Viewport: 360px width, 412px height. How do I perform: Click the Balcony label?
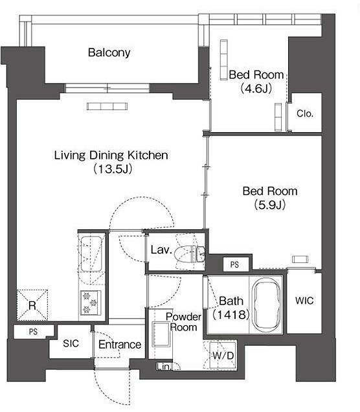[109, 52]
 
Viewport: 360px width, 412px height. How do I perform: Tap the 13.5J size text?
[113, 168]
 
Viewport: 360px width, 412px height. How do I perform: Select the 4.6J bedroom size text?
[256, 89]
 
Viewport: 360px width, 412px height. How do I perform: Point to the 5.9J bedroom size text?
[270, 205]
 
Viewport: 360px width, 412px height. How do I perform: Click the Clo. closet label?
[305, 113]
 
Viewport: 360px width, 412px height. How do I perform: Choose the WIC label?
[304, 301]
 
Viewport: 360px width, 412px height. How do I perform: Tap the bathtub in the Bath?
[266, 305]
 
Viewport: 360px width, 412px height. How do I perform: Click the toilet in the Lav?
[188, 254]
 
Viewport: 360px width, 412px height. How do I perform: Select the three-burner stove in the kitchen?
[91, 302]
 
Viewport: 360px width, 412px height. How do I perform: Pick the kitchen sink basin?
[91, 254]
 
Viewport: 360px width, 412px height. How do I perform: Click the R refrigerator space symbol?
[32, 305]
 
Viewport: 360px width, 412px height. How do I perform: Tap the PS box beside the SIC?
[34, 332]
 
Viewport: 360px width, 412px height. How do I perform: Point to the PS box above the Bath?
[236, 264]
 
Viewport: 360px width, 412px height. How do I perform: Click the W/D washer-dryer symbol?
[223, 356]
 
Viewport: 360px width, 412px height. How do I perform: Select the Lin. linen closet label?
[164, 367]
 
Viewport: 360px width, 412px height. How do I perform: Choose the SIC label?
[71, 343]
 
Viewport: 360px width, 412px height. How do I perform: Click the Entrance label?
[120, 345]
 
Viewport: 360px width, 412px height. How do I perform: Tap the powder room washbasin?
[161, 334]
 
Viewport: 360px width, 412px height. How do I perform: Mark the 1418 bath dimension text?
[231, 314]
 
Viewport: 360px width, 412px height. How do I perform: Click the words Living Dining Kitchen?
[111, 155]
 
